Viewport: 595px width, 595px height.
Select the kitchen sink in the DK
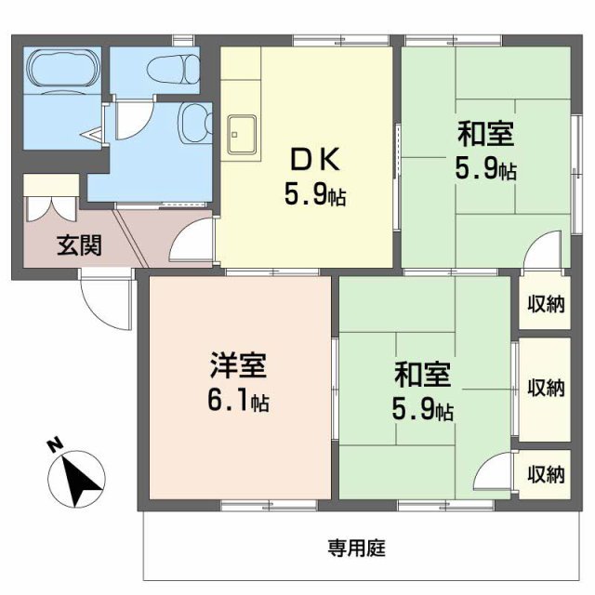point(243,136)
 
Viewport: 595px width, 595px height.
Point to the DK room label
point(314,161)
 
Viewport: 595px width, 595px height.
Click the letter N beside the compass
point(55,445)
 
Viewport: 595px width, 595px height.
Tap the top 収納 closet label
point(547,303)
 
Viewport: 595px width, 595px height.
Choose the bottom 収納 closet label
point(547,474)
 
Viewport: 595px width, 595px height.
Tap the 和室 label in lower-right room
point(423,376)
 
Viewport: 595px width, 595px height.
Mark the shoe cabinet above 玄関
point(51,198)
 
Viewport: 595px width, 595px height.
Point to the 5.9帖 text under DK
point(314,196)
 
